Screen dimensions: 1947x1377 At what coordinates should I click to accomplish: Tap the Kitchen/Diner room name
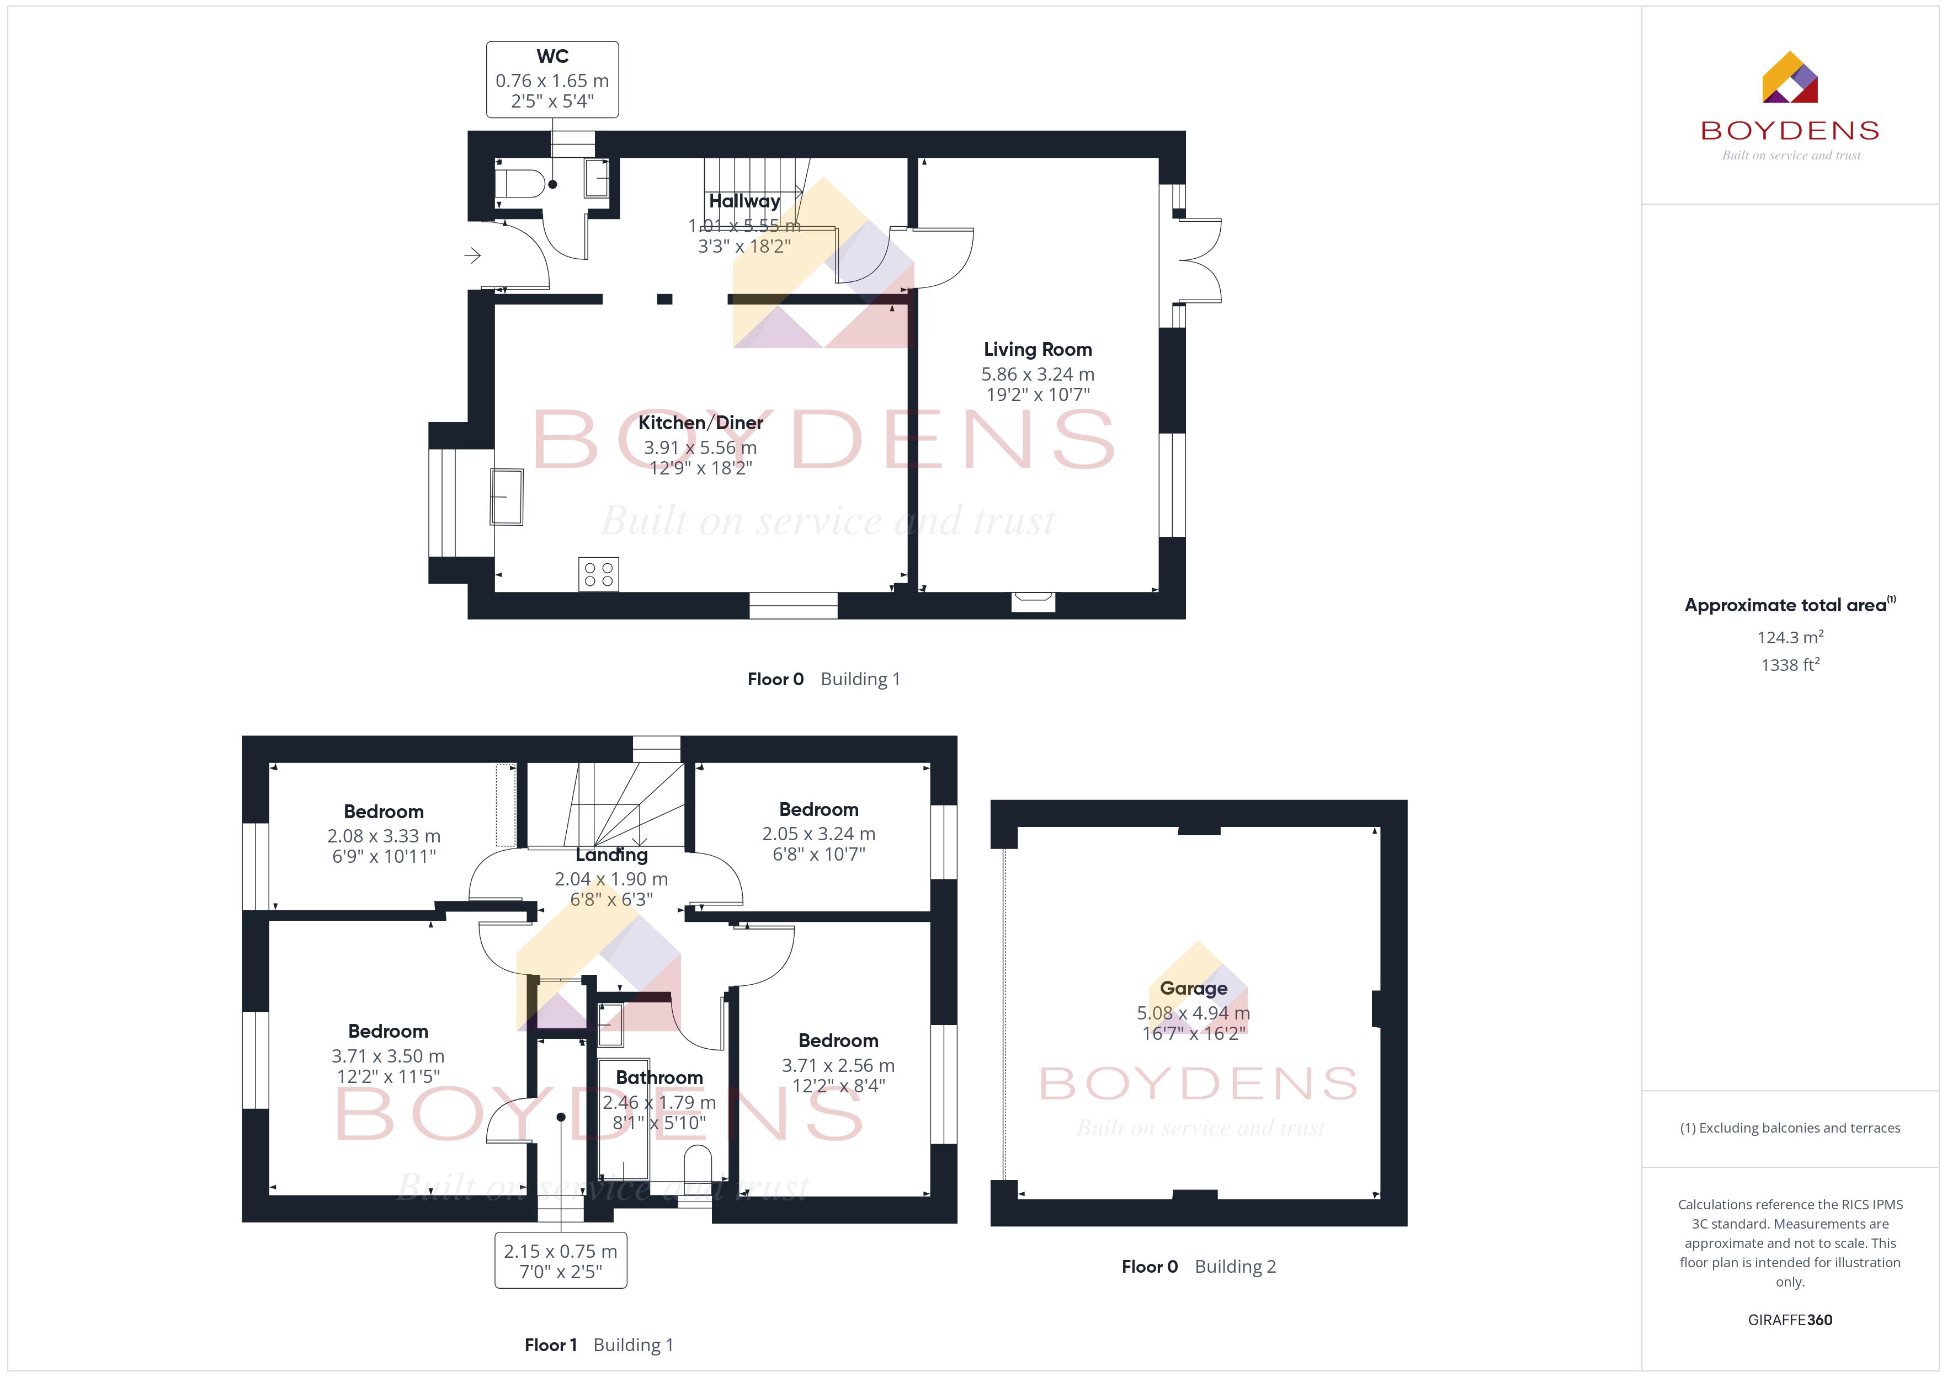point(700,422)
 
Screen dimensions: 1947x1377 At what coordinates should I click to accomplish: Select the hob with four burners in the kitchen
point(599,574)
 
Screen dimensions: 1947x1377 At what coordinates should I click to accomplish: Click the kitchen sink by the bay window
point(506,497)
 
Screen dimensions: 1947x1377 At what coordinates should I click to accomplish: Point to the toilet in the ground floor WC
point(519,183)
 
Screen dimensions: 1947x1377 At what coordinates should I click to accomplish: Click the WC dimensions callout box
point(552,79)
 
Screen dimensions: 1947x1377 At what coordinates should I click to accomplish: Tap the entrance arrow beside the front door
point(472,254)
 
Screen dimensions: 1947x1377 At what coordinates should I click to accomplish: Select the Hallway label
point(744,201)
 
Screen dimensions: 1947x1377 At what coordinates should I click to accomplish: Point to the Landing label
point(611,855)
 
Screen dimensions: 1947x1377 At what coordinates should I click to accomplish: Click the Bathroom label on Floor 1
point(659,1077)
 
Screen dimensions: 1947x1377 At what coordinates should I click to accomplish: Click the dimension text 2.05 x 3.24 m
point(818,834)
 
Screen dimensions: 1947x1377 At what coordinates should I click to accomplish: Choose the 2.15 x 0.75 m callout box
point(561,1260)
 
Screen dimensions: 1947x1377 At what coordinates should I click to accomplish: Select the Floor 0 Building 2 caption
point(1198,1266)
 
